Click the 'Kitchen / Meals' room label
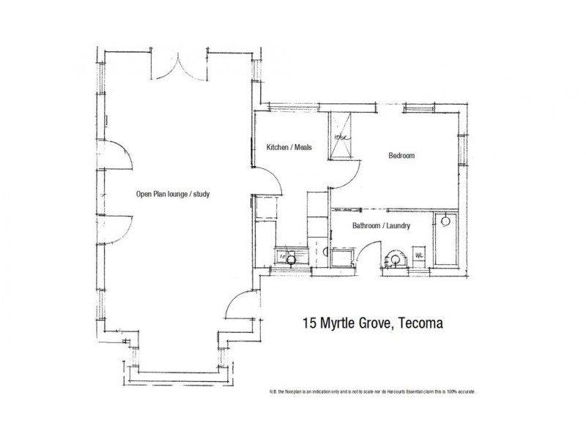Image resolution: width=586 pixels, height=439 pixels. pos(289,147)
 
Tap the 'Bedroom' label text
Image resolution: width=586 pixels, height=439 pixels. pos(401,156)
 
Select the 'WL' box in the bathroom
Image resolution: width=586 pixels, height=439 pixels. pos(420,256)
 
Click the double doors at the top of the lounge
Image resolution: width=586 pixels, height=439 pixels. pos(175,65)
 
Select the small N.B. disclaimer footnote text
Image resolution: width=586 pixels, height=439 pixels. pos(373,392)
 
